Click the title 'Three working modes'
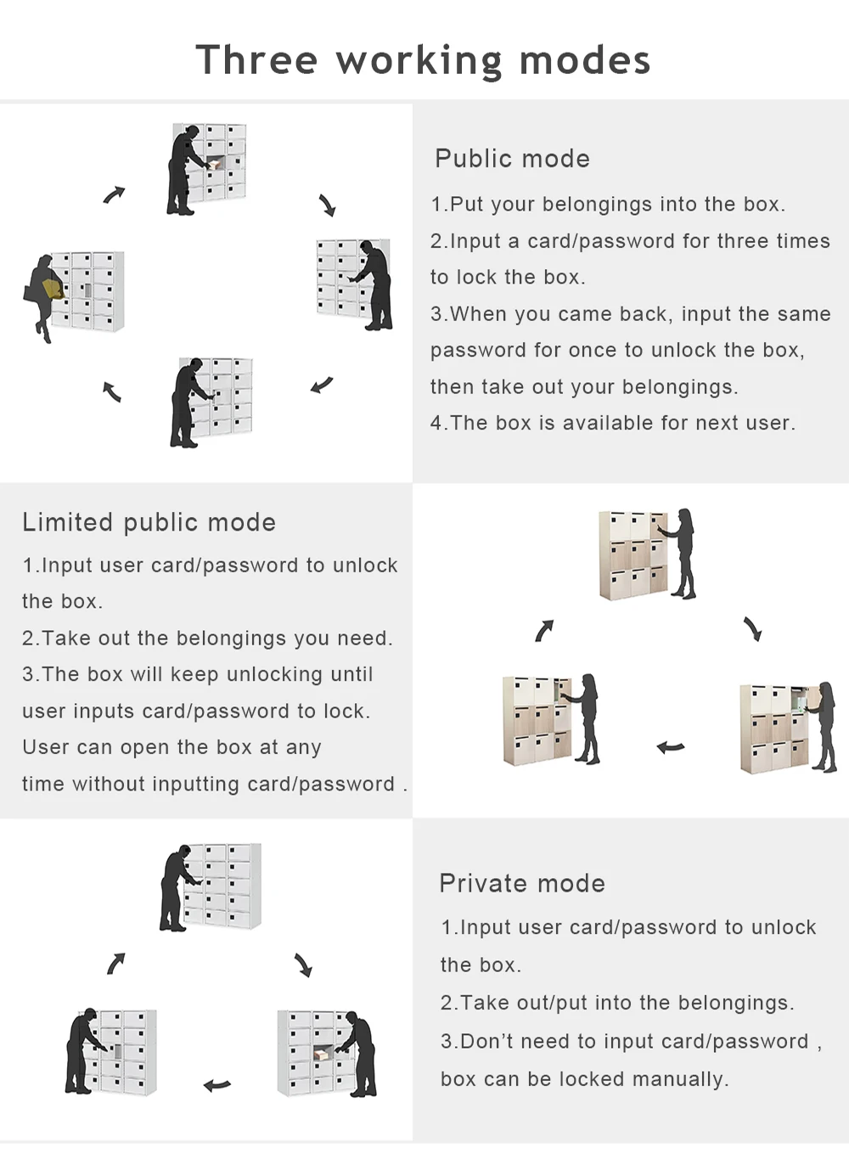tap(423, 60)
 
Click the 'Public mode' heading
tap(512, 159)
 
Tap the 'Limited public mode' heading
tap(149, 522)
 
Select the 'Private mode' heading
tap(522, 883)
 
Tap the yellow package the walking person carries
tap(53, 290)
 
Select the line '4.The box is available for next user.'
tap(613, 423)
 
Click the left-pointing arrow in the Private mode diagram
tap(217, 1084)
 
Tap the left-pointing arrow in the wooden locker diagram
tap(671, 747)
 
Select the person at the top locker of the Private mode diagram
tap(176, 888)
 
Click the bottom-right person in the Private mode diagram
tap(359, 1052)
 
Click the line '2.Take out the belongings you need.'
tap(208, 639)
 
